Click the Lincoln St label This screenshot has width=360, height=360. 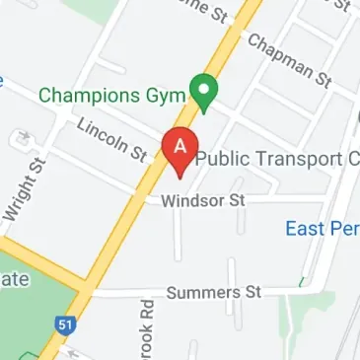110,138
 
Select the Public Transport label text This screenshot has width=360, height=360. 277,159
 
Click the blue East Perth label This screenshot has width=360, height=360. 322,228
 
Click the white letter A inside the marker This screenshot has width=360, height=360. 180,144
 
